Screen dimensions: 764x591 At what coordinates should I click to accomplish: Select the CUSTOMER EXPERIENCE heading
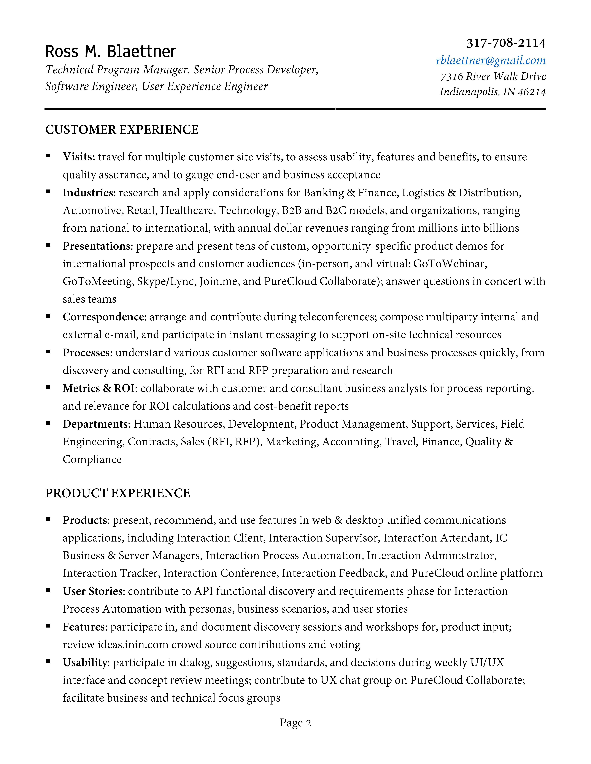coord(122,130)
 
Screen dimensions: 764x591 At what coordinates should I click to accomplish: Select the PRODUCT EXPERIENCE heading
coord(118,493)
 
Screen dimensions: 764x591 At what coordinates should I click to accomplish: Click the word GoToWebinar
coord(450,264)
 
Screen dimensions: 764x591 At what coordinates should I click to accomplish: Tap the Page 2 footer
coord(295,723)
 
